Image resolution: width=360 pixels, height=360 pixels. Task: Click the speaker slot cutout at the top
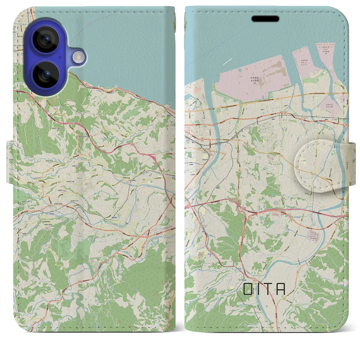coord(265,19)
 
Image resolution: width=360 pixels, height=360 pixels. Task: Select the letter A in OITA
coord(281,289)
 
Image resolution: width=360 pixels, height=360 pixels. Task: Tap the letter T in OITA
coord(270,289)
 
